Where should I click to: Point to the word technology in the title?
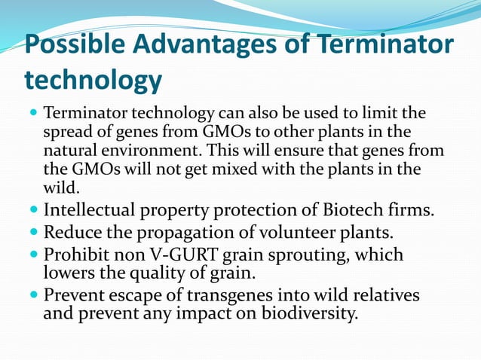[93, 79]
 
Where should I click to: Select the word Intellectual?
[92, 209]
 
